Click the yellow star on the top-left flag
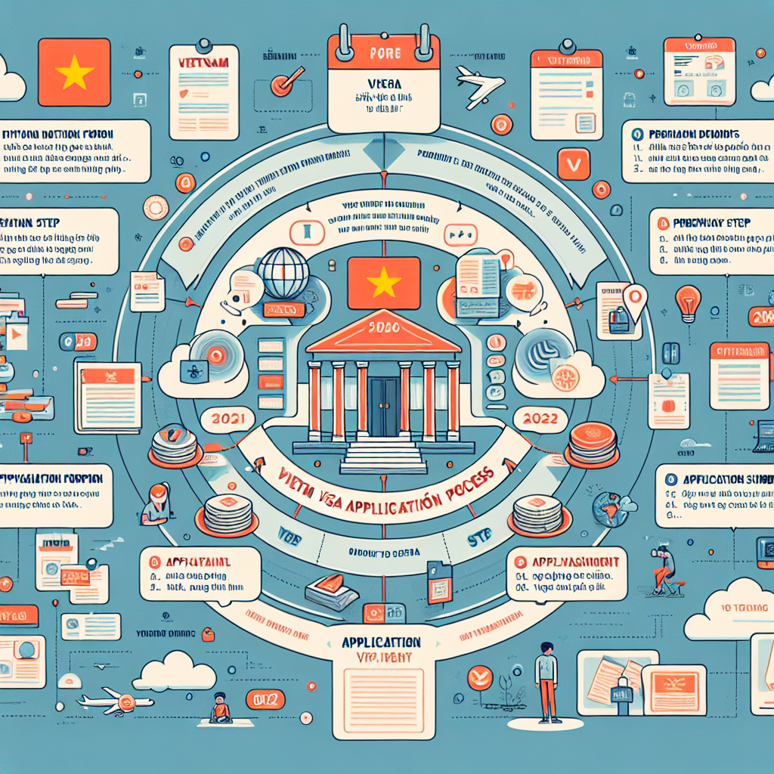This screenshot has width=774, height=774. (74, 74)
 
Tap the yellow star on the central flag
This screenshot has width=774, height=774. (384, 283)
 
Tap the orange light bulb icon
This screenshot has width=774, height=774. (687, 302)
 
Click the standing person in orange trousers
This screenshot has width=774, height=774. (546, 680)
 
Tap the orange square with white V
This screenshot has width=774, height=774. (573, 163)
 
